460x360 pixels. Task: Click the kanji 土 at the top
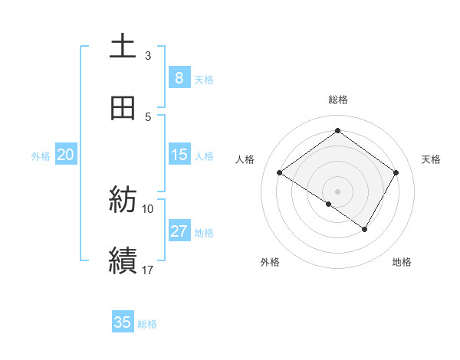pos(123,47)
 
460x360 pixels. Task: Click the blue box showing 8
pos(179,77)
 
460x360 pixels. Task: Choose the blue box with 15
pos(179,155)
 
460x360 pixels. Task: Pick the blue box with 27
pos(179,231)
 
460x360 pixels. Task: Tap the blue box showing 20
pos(65,155)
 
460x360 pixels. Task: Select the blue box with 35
pos(123,322)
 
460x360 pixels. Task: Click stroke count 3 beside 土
pos(148,55)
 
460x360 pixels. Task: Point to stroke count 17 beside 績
pos(148,270)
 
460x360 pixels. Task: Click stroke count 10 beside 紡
pos(148,208)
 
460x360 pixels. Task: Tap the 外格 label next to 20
pos(41,156)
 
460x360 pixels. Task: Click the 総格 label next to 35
pos(147,324)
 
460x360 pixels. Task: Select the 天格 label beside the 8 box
pos(203,79)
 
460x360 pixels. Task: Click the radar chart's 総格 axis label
pos(338,100)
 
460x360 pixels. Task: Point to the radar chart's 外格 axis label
pos(270,262)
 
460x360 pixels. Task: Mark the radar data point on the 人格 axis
pos(280,173)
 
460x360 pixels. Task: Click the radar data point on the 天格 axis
pos(396,173)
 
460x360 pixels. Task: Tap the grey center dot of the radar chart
pos(337,191)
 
